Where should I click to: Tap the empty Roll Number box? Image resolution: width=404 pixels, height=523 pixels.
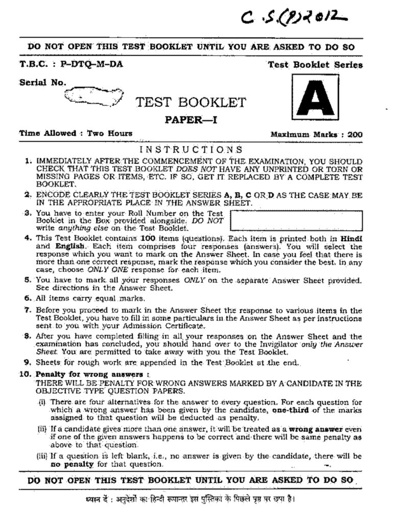296,220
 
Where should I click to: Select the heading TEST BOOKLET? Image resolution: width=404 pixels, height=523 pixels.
191,103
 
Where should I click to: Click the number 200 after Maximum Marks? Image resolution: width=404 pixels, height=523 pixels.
355,135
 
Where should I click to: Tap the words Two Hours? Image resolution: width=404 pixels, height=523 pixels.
110,134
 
